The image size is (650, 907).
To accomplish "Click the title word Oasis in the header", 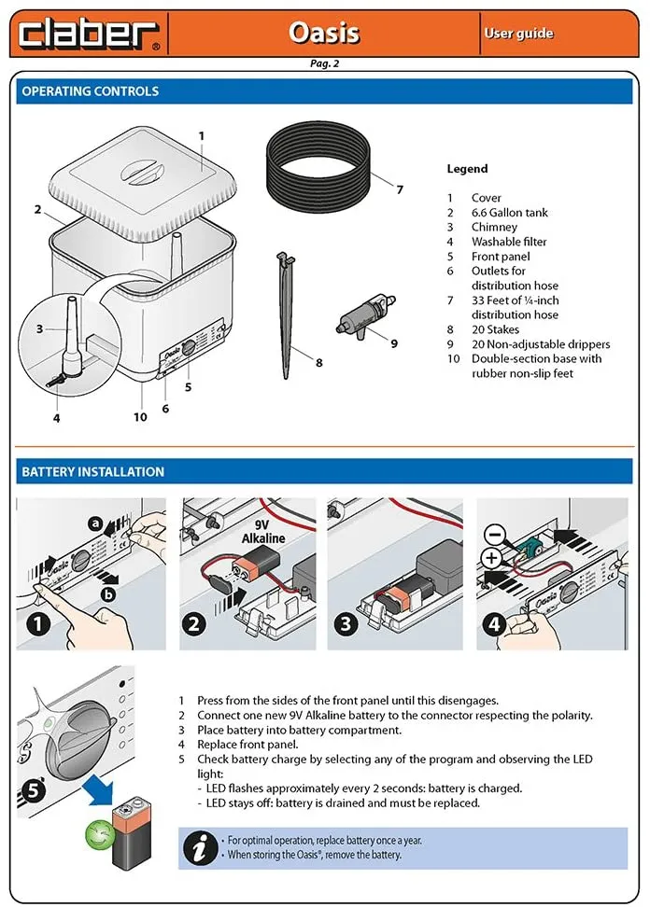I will [323, 33].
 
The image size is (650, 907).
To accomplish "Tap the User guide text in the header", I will [518, 34].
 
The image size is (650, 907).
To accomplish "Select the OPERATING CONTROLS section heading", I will [91, 91].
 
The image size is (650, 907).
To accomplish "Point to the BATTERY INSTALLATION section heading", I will [92, 472].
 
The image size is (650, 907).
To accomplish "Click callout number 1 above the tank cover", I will [201, 135].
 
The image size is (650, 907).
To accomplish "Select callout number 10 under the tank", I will [140, 417].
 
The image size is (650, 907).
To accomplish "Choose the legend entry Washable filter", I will [509, 242].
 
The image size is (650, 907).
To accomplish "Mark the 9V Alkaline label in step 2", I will [263, 532].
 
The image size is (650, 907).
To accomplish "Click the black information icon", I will [199, 847].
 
